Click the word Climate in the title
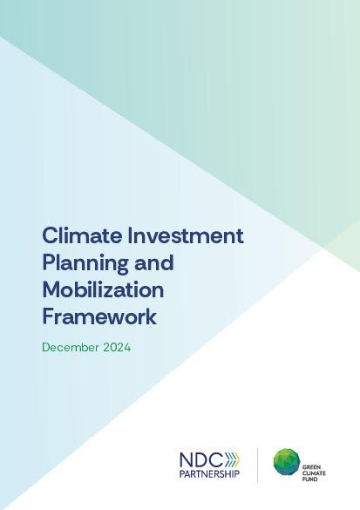[x=73, y=235]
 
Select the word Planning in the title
[x=80, y=263]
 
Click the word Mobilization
[x=103, y=289]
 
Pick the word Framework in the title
[x=99, y=316]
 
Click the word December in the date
[x=71, y=347]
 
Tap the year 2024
[x=118, y=347]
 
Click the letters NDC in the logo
[x=200, y=459]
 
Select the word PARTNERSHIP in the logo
[x=208, y=474]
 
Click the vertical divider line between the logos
[x=257, y=464]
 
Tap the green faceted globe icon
[x=287, y=463]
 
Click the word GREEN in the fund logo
[x=312, y=454]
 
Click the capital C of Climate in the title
[x=50, y=235]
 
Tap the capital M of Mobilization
[x=51, y=289]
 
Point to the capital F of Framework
[x=48, y=316]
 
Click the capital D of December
[x=46, y=347]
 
